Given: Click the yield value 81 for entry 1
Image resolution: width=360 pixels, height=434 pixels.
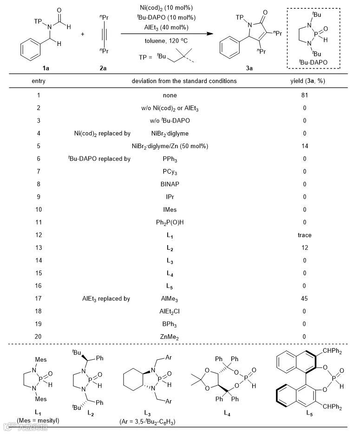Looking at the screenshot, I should [x=304, y=96].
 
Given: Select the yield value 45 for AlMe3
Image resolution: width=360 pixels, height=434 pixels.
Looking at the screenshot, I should [x=304, y=298].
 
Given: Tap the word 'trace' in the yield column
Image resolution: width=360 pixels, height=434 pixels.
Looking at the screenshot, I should [x=304, y=235].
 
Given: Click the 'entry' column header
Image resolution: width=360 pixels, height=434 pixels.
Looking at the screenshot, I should [x=39, y=81].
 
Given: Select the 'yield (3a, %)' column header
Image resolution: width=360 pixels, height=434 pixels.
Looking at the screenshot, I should [x=304, y=81].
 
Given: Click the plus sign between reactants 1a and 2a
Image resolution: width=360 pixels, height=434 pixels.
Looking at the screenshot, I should [x=82, y=34].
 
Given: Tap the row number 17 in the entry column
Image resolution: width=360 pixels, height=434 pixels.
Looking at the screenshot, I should [x=39, y=298].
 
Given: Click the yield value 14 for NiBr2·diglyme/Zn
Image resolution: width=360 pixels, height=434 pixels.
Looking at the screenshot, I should [x=304, y=146].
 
